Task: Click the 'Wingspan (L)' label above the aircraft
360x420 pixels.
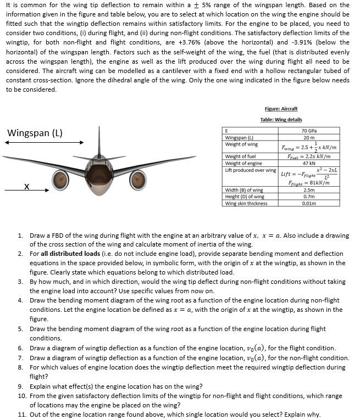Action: click(x=35, y=133)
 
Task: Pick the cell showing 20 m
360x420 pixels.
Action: click(x=307, y=137)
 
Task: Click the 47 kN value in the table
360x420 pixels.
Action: click(x=307, y=163)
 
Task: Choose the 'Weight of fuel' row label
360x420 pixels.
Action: click(x=241, y=157)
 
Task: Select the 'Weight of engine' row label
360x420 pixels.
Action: click(x=243, y=163)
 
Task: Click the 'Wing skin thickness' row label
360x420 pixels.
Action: click(x=246, y=203)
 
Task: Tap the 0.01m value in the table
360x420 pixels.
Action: click(x=307, y=203)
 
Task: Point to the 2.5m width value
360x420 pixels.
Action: click(x=307, y=190)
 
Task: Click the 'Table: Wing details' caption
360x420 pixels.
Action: click(x=281, y=120)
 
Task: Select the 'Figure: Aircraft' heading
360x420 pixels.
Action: click(x=281, y=109)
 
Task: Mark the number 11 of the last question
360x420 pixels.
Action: click(x=21, y=415)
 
